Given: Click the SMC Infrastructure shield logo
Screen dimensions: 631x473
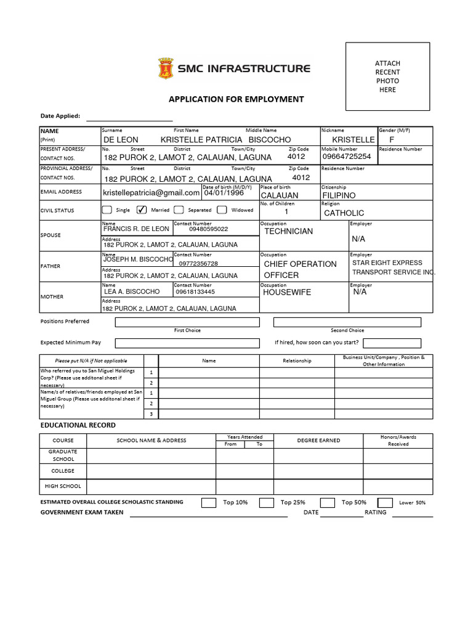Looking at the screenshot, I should click(166, 68).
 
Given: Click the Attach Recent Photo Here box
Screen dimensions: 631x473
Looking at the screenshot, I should click(387, 76).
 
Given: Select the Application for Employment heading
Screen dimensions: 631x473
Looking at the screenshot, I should click(236, 99).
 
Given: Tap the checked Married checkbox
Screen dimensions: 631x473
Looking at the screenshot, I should click(141, 210).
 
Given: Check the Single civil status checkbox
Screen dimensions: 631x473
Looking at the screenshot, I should click(108, 210).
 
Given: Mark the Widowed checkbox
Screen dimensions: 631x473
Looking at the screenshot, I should click(222, 210).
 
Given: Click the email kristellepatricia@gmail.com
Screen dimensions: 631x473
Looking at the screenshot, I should click(151, 193).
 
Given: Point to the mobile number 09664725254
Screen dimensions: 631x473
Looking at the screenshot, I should click(347, 157).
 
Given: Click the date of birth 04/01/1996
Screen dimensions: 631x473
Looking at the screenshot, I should click(224, 193).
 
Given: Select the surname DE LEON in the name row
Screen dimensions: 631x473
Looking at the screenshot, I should click(121, 140).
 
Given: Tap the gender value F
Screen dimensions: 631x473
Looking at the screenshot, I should click(391, 140).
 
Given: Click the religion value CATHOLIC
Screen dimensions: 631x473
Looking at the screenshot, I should click(344, 213).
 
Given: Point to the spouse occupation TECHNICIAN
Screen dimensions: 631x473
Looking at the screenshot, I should click(288, 231).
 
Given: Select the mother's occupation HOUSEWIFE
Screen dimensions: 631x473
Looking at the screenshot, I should click(287, 293).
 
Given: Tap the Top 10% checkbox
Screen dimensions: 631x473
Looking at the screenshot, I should click(209, 503).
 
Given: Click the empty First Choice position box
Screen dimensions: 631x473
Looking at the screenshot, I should click(187, 322).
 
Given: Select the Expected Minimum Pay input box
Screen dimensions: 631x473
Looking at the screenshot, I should click(187, 343).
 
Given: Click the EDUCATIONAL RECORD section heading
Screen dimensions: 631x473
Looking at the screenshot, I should click(78, 425).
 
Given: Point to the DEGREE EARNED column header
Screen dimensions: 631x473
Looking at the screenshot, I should click(318, 440).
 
